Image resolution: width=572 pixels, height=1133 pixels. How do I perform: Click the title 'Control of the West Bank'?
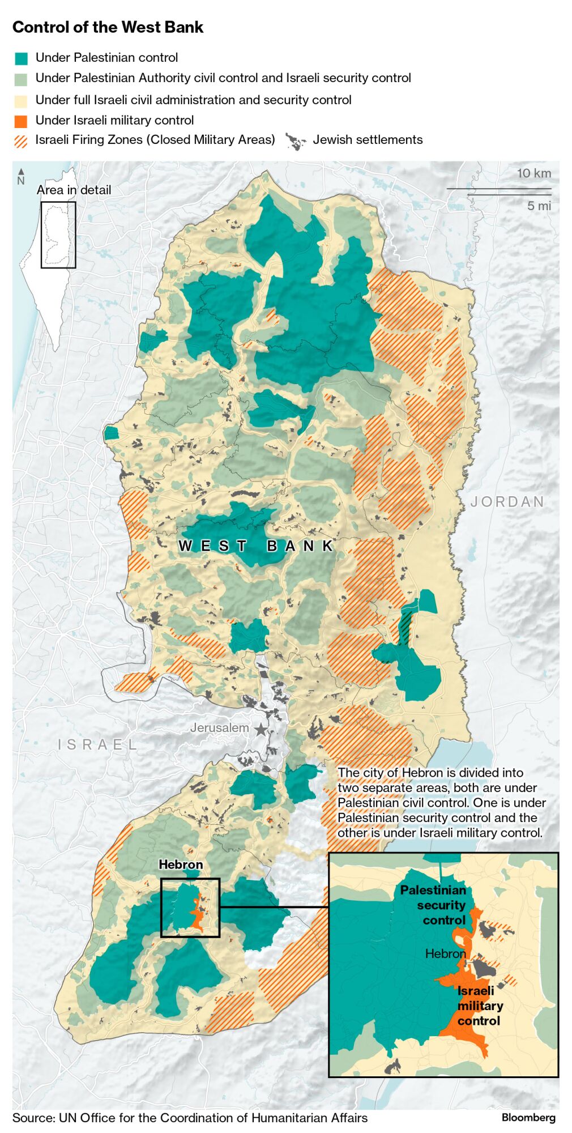[108, 27]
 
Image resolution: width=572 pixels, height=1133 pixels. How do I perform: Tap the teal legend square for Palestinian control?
[21, 58]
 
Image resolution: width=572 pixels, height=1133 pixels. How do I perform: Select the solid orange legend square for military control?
[21, 121]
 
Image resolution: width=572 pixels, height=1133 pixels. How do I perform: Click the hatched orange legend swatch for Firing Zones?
[21, 140]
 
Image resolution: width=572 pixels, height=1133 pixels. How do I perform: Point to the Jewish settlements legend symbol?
[295, 141]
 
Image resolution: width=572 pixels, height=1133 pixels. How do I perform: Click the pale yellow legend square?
[21, 101]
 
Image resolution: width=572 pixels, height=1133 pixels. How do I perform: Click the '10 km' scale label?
[533, 173]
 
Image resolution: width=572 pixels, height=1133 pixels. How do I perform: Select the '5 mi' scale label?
[539, 206]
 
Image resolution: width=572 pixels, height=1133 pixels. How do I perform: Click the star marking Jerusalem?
[261, 729]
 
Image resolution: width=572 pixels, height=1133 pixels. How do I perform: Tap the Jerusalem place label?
[219, 727]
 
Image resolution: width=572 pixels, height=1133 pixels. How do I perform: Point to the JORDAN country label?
[507, 502]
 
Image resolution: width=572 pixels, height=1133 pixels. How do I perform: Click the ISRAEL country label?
[97, 744]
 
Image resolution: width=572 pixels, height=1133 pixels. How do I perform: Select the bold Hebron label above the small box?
[181, 864]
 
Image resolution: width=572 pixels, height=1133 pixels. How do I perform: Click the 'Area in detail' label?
[74, 190]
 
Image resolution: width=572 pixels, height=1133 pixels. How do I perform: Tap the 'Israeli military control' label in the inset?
[479, 1006]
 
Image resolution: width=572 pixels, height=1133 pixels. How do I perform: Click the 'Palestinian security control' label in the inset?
[434, 905]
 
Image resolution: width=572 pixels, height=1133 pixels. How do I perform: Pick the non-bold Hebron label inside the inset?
[445, 953]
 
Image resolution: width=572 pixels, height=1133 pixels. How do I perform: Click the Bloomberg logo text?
[528, 1117]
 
